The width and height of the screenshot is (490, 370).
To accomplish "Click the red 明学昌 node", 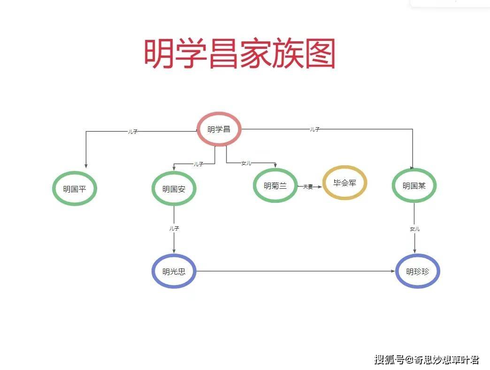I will tap(219, 129).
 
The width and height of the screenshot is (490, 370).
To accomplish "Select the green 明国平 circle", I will tap(74, 189).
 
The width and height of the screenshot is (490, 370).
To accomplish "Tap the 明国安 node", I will tap(174, 189).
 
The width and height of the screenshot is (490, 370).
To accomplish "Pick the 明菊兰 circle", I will tap(275, 185).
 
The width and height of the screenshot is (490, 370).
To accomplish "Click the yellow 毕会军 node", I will tap(345, 183).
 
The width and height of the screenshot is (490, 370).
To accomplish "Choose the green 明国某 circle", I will tap(414, 185).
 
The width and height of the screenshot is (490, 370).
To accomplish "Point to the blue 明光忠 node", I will tap(174, 271).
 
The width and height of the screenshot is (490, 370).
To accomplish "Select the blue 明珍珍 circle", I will tap(417, 271).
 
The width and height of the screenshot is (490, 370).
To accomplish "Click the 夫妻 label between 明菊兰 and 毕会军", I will tap(308, 187).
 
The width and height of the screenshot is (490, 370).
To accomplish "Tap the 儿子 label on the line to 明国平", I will tap(133, 132).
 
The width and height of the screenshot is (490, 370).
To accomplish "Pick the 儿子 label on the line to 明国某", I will tap(314, 129).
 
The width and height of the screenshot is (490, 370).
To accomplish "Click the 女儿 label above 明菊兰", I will tap(246, 163).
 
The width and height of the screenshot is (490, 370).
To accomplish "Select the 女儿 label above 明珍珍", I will tap(414, 229).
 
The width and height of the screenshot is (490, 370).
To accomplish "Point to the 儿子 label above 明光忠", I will tap(174, 228).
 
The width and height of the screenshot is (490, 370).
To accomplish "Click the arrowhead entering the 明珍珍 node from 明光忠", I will tap(393, 271).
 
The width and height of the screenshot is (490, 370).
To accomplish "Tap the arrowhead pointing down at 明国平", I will tap(86, 165).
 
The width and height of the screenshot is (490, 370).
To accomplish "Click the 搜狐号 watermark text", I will tap(389, 360).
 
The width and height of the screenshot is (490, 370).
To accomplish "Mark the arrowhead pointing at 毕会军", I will tap(320, 187).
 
